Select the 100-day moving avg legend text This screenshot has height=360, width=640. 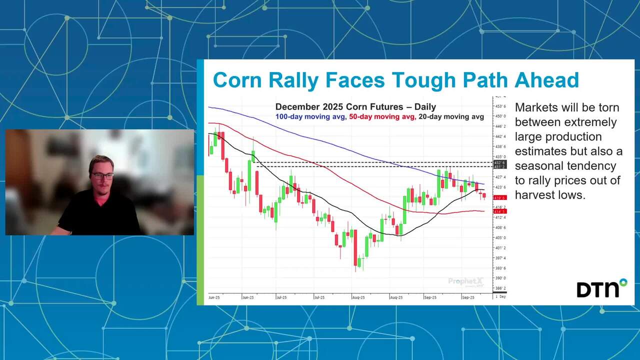[317, 116]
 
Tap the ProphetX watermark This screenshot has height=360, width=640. [465, 282]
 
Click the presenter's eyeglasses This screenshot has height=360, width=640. [102, 176]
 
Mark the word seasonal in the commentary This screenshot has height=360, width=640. [536, 165]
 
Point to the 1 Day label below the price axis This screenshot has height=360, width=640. [500, 296]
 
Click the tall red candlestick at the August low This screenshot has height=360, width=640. [355, 248]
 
